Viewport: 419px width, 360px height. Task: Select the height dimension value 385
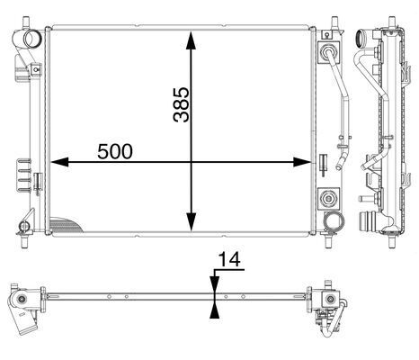coord(182,105)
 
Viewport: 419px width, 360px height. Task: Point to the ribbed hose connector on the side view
coord(367,221)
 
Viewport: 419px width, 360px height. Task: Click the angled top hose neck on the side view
coord(364,40)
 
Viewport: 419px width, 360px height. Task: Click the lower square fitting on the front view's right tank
coord(325,197)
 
